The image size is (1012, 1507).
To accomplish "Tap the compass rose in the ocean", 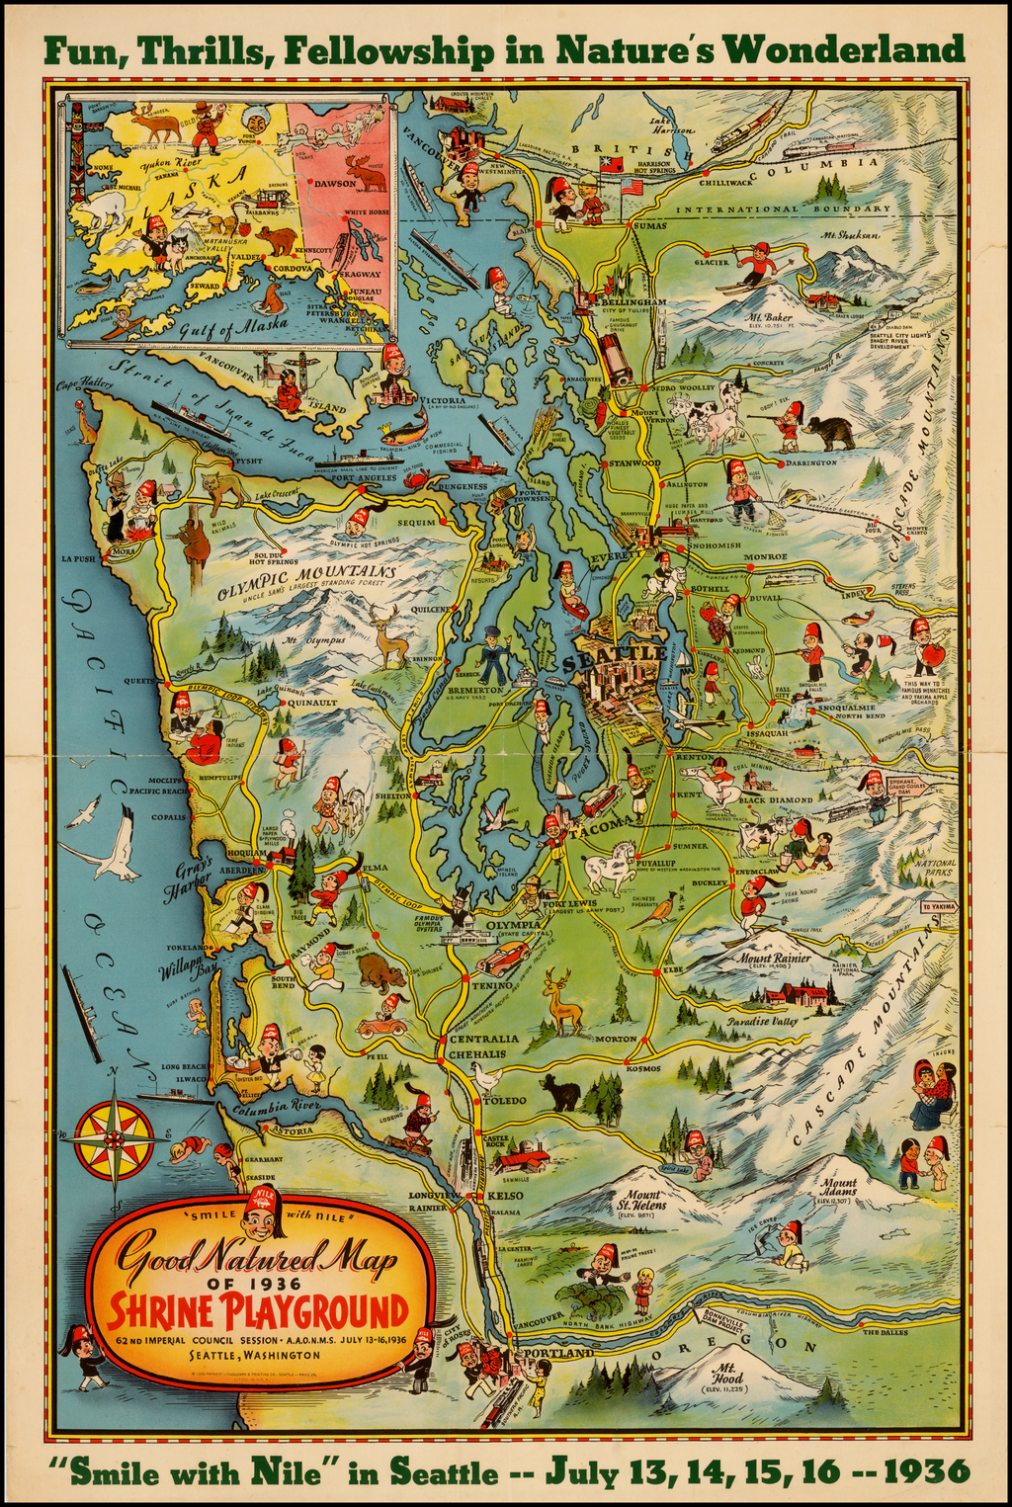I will coord(115,1138).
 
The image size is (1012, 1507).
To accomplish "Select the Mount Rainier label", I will coord(775,959).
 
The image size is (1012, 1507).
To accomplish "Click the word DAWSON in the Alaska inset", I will coord(334,183).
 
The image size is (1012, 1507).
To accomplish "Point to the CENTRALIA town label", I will coord(483,1040).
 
